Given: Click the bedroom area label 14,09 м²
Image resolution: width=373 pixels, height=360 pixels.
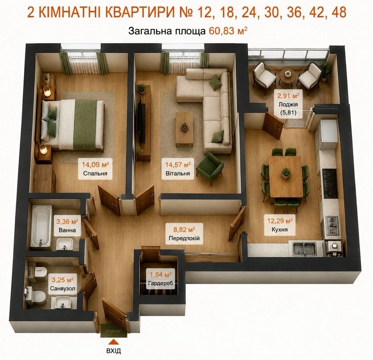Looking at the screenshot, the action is point(95,164).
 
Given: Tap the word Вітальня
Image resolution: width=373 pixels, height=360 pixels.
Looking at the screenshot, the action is point(178,173).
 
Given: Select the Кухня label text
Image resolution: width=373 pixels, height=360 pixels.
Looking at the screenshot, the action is point(280,230).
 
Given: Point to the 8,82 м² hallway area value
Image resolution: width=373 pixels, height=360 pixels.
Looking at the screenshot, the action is point(184,230).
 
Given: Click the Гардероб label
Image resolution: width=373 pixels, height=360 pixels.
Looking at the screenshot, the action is point(160,283).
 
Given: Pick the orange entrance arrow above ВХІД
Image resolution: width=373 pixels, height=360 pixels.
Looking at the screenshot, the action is point(114,342).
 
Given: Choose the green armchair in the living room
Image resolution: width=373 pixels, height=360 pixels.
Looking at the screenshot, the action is point(210,168).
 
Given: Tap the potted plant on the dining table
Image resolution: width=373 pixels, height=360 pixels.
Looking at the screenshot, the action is point(286,173).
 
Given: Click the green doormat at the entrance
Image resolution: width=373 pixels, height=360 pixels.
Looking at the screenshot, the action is point(113,331).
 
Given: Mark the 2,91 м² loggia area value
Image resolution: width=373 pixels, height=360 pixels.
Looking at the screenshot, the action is point(288,96).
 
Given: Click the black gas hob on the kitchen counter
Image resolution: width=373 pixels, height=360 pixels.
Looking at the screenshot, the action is point(330,183).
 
